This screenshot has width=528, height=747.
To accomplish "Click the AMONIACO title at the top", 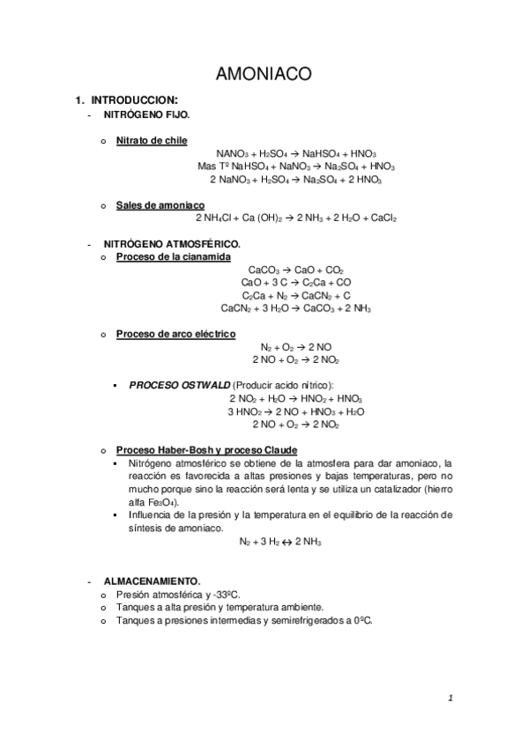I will (x=263, y=75).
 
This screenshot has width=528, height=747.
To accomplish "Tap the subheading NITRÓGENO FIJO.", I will (x=146, y=115).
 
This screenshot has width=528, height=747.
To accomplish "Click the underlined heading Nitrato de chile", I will (x=152, y=140).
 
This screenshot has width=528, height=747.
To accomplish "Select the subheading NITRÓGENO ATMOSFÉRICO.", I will (x=172, y=243).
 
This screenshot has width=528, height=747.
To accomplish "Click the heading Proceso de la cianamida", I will (x=174, y=256).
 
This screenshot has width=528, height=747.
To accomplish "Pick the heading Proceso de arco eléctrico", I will (x=176, y=335).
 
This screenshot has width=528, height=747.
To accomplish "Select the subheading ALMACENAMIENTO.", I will (x=152, y=581).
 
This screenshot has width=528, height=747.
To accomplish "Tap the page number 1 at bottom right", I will (x=450, y=699).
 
